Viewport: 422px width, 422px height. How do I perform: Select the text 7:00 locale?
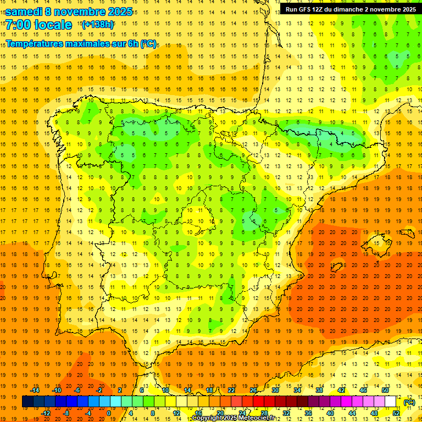click(39, 25)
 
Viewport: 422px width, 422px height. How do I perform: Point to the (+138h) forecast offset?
click(98, 24)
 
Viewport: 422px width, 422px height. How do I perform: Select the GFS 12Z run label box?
click(351, 9)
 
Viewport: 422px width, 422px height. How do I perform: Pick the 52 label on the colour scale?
click(396, 413)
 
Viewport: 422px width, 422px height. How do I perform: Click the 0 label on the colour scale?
click(109, 413)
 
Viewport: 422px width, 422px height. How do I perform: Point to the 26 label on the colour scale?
click(253, 390)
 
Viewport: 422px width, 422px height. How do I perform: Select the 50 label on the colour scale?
click(385, 390)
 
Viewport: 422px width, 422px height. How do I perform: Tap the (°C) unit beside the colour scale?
click(409, 402)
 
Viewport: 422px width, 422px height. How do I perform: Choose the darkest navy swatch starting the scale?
click(27, 402)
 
